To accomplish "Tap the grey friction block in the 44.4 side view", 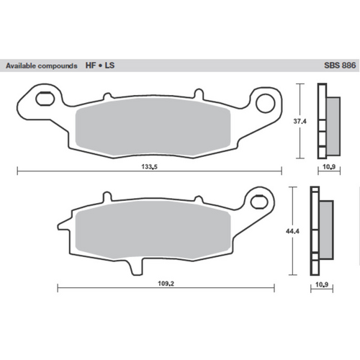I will (x=325, y=228).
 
